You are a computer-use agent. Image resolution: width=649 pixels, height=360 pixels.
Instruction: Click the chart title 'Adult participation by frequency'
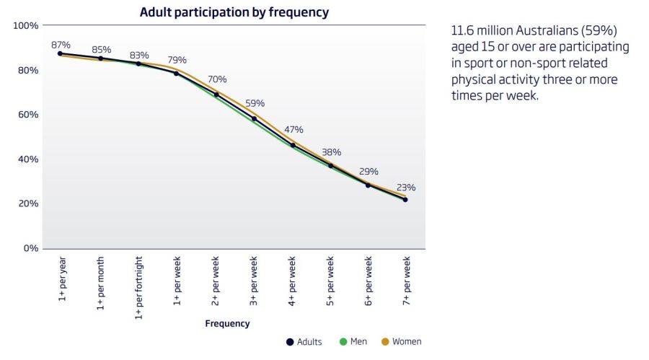(234, 12)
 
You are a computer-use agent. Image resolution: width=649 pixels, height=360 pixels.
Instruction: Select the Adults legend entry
(304, 341)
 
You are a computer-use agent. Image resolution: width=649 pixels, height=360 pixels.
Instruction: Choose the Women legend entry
(401, 341)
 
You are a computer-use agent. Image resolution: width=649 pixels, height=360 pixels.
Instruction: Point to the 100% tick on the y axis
(26, 26)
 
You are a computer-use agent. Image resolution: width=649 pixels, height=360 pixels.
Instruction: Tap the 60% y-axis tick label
(28, 115)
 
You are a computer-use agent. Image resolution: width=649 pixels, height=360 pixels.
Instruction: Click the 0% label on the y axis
(31, 248)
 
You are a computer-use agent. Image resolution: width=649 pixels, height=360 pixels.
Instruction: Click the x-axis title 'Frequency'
(227, 323)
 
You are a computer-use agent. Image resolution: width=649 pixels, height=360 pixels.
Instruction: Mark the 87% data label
(61, 45)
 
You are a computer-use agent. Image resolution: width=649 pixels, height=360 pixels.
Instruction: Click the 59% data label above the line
(255, 103)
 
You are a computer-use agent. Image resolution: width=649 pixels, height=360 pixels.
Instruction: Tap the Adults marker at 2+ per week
(216, 95)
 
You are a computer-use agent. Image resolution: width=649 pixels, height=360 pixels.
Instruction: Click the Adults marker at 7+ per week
(405, 200)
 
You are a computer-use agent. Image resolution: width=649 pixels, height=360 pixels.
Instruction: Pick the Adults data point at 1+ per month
(100, 58)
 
